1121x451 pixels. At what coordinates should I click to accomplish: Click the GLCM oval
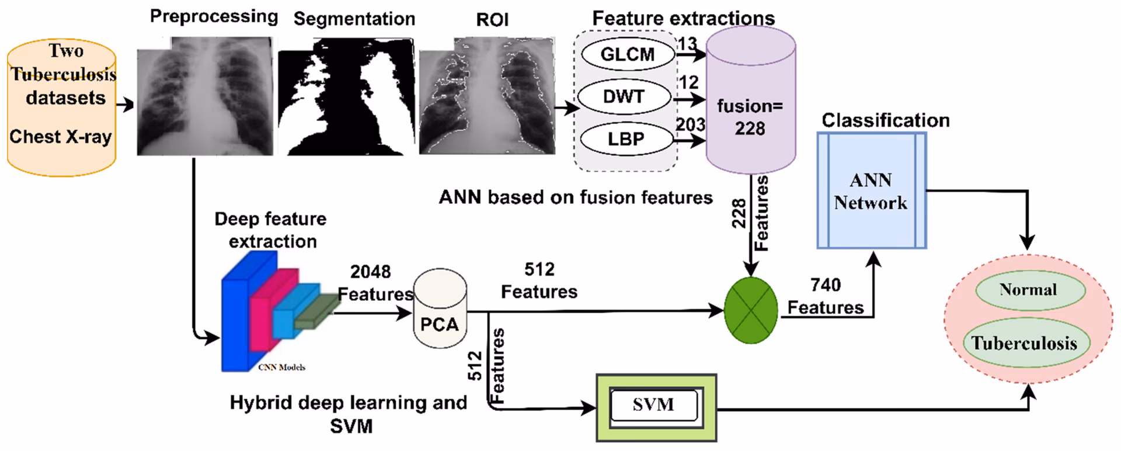click(628, 54)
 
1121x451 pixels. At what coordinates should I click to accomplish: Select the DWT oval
click(624, 96)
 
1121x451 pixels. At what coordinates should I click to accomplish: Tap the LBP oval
click(626, 139)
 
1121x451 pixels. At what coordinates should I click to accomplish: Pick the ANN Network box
click(871, 191)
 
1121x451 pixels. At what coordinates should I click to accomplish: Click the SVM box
click(654, 405)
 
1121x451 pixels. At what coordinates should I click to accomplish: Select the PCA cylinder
click(440, 310)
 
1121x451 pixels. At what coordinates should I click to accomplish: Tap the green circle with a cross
click(751, 310)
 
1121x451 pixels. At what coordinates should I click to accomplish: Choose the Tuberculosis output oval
click(1024, 343)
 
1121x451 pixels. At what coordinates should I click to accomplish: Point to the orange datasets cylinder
click(62, 107)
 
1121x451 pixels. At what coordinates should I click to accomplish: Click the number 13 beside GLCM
click(688, 44)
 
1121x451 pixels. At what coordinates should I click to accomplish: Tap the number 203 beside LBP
click(691, 124)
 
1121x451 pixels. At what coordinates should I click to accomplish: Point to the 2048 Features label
click(374, 283)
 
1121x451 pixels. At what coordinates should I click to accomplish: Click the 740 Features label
click(826, 296)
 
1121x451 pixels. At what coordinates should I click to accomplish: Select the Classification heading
click(885, 120)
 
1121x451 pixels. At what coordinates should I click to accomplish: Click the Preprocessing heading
click(214, 16)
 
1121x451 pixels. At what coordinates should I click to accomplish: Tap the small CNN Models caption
click(281, 367)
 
